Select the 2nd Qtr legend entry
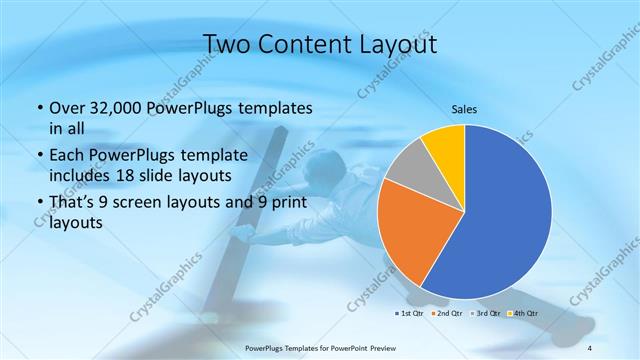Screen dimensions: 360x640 447,314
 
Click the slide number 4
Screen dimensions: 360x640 590,347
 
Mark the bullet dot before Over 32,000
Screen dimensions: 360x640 39,109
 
